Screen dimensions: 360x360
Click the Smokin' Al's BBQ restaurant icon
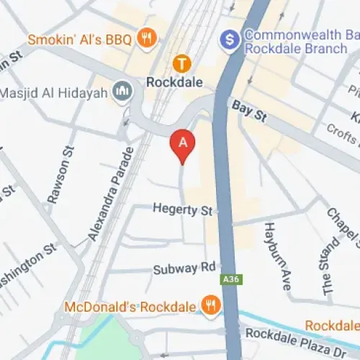click(x=147, y=37)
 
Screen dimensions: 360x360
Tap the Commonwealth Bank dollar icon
click(x=230, y=37)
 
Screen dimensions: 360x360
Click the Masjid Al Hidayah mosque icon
click(x=121, y=92)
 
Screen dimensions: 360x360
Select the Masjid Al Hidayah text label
click(x=55, y=93)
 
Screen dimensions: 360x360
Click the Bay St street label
click(x=248, y=110)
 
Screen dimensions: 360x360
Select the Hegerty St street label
click(x=183, y=210)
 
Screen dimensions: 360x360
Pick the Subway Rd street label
click(x=184, y=269)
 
